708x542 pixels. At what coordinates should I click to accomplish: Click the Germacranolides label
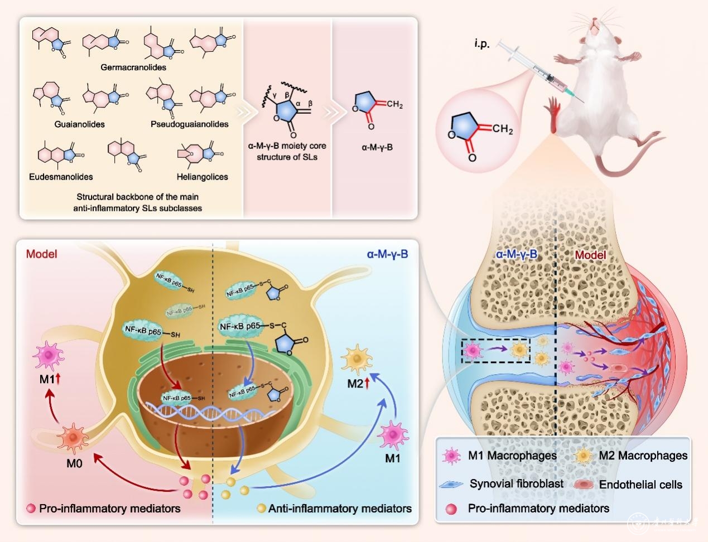[133, 67]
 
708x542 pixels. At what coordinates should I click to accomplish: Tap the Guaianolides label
[80, 124]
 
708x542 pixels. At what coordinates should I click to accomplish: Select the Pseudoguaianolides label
[189, 124]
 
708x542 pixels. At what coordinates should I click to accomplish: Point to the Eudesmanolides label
[61, 177]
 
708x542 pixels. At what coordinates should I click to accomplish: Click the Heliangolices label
[202, 177]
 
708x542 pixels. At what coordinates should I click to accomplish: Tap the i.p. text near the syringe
[481, 44]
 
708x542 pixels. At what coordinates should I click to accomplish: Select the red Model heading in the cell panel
[42, 254]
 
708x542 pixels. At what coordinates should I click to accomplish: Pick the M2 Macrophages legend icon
[583, 456]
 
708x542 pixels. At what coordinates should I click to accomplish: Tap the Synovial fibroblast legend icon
[452, 484]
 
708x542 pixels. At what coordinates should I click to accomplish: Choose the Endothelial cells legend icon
[585, 484]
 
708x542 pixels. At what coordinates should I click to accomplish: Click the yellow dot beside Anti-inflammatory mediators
[261, 509]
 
